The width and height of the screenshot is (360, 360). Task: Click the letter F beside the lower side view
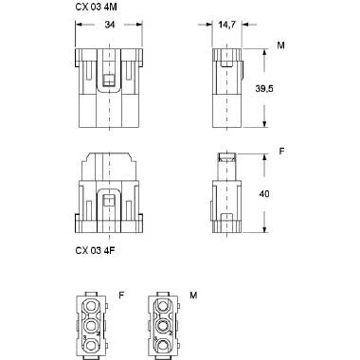[x=280, y=149]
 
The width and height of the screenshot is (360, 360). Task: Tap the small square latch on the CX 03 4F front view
[x=110, y=200]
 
